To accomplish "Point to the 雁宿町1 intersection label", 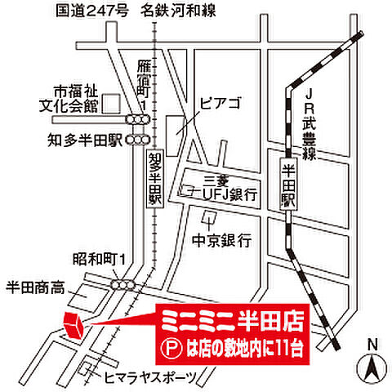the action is [144, 85].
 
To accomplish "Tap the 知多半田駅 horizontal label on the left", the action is [84, 140].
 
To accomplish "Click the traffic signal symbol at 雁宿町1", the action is [143, 119].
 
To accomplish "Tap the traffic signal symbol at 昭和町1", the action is [124, 283].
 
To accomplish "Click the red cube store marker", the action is [73, 323].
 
